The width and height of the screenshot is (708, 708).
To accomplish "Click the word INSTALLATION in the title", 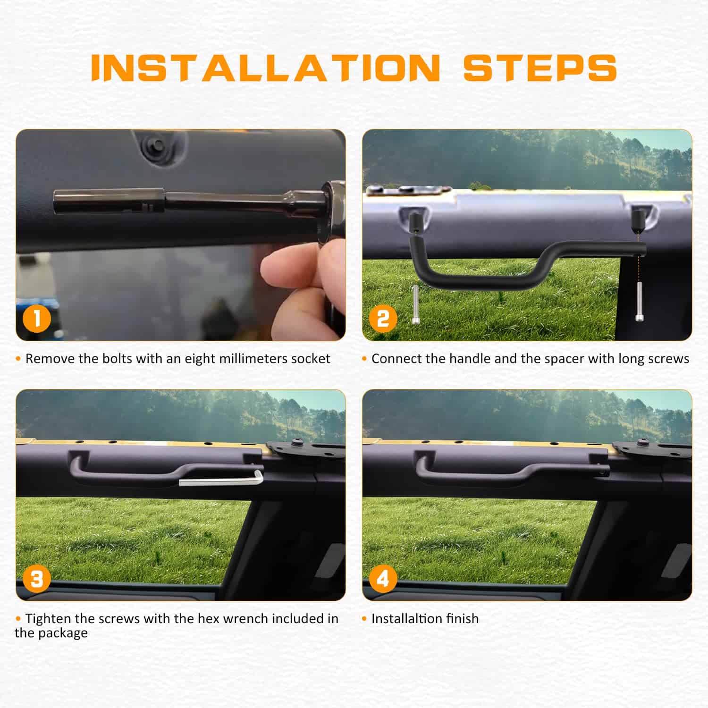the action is pos(266,68).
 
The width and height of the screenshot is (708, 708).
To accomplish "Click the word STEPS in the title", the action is pos(540,68).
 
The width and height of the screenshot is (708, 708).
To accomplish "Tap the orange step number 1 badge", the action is pos(36,319).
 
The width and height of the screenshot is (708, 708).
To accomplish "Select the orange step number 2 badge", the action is pos(383,319).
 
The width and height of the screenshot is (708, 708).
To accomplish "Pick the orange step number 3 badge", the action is pos(36,579).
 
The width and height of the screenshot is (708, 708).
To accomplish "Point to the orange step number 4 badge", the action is pos(383,579).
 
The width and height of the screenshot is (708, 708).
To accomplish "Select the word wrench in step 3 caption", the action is pos(246,619).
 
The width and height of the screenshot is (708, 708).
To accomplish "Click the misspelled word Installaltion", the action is pos(408,619).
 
